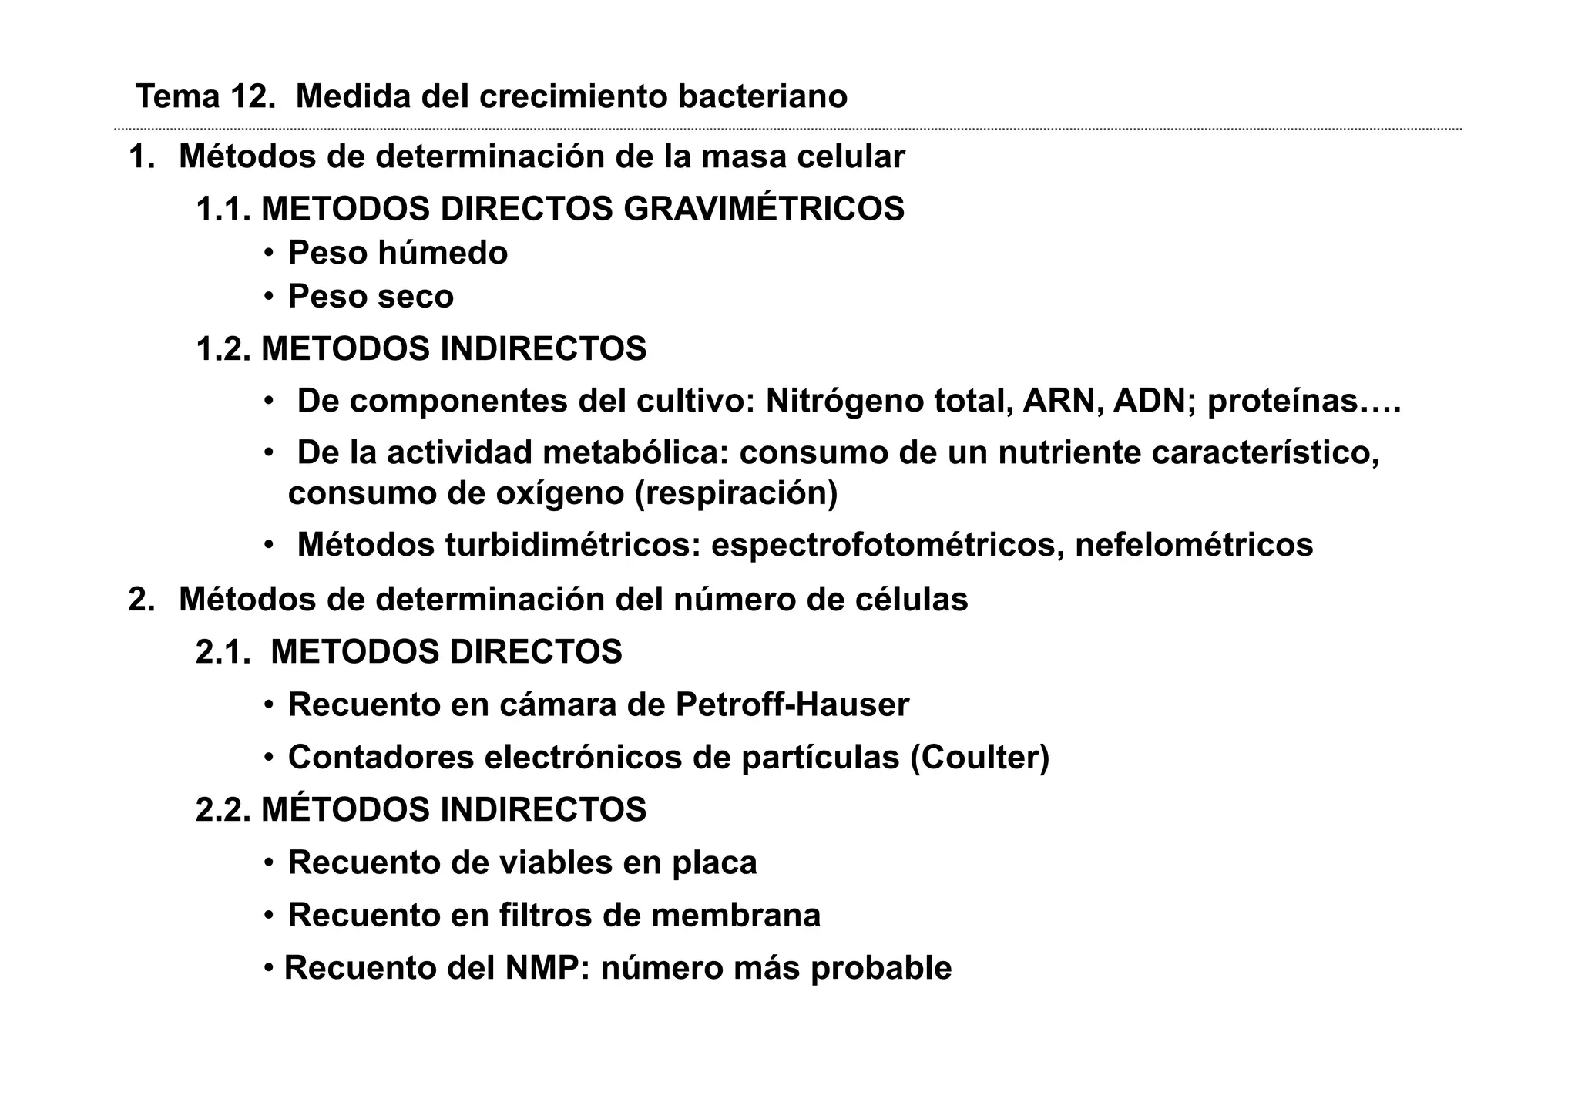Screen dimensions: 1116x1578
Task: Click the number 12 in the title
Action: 251,97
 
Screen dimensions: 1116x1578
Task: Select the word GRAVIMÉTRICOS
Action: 764,210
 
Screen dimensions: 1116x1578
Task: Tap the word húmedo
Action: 442,254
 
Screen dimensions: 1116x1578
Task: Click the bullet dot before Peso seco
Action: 269,297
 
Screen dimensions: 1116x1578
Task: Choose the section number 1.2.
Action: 223,349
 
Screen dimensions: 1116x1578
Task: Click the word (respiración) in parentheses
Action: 736,494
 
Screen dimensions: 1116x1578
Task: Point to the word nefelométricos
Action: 1194,546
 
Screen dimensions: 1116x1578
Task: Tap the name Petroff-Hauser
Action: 792,705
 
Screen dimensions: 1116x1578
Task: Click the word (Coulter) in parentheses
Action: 979,758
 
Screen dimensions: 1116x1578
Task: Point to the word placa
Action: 714,863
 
